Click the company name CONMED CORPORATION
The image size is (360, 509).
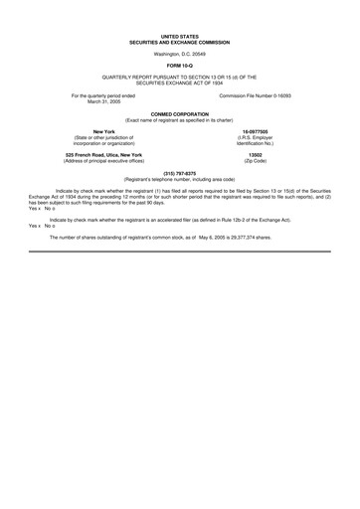pyautogui.click(x=179, y=114)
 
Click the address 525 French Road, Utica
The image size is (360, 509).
pyautogui.click(x=90, y=154)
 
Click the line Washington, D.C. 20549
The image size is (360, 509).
pyautogui.click(x=179, y=54)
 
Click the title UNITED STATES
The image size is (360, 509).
pyautogui.click(x=179, y=36)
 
